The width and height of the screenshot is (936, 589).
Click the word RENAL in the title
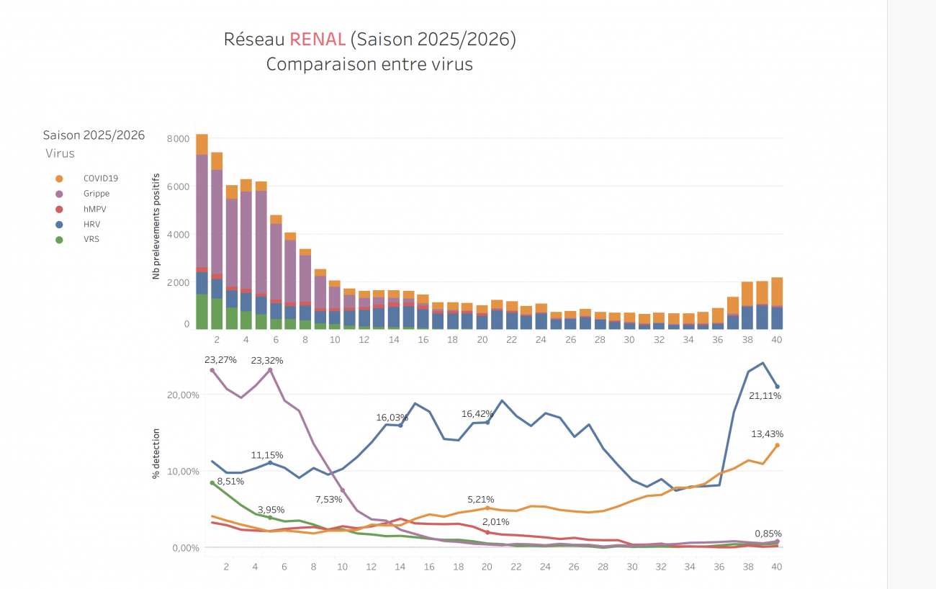317,40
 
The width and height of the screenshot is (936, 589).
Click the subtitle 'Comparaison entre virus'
369,64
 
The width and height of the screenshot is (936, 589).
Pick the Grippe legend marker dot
59,194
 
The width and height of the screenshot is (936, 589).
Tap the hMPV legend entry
94,209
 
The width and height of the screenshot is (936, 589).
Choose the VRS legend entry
91,239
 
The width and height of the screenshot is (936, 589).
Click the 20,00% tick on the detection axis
184,395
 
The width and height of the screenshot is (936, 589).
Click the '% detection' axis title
156,454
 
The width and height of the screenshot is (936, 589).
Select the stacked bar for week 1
202,230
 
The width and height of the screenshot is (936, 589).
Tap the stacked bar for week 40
777,302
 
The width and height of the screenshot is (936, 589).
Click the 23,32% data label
267,360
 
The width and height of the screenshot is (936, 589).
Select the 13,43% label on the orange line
767,434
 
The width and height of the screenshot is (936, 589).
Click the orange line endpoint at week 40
777,445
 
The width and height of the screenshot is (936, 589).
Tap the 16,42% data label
479,414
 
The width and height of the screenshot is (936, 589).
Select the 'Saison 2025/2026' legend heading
94,135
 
